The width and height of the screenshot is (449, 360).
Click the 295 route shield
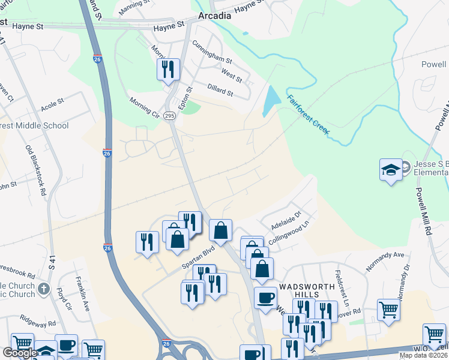point(170,116)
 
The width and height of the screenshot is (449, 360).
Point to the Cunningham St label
point(211,52)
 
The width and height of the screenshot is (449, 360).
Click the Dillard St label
point(220,89)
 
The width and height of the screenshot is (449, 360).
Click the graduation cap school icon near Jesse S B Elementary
point(391,169)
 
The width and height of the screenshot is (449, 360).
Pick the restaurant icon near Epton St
point(169,68)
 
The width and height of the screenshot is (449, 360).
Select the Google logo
point(20,353)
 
